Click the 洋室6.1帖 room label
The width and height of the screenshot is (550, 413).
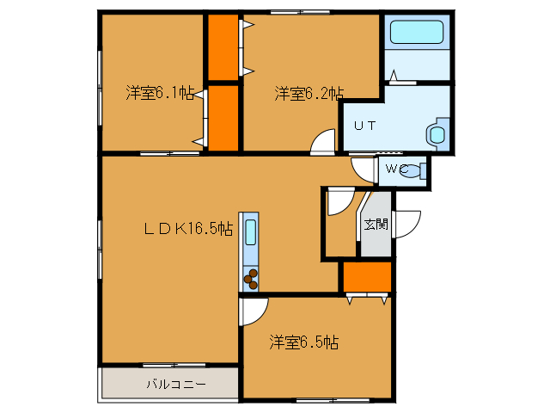pyautogui.click(x=159, y=93)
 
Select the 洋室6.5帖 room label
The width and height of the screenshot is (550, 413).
pyautogui.click(x=303, y=342)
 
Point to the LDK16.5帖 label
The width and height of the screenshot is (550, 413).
pyautogui.click(x=187, y=228)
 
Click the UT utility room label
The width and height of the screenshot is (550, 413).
pyautogui.click(x=364, y=125)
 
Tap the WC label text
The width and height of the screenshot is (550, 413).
pyautogui.click(x=395, y=169)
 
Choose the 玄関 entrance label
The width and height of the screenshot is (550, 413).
pyautogui.click(x=375, y=225)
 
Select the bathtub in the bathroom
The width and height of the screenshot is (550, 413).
pyautogui.click(x=416, y=34)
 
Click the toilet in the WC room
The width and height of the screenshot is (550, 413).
pyautogui.click(x=415, y=170)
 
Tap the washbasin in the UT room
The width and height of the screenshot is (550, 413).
pyautogui.click(x=436, y=133)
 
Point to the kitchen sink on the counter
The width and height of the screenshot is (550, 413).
pyautogui.click(x=250, y=232)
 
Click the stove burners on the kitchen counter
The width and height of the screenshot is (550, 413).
pyautogui.click(x=252, y=278)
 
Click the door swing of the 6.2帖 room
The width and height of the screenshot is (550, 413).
pyautogui.click(x=324, y=142)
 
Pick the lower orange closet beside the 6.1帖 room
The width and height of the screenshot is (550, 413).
pyautogui.click(x=223, y=116)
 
